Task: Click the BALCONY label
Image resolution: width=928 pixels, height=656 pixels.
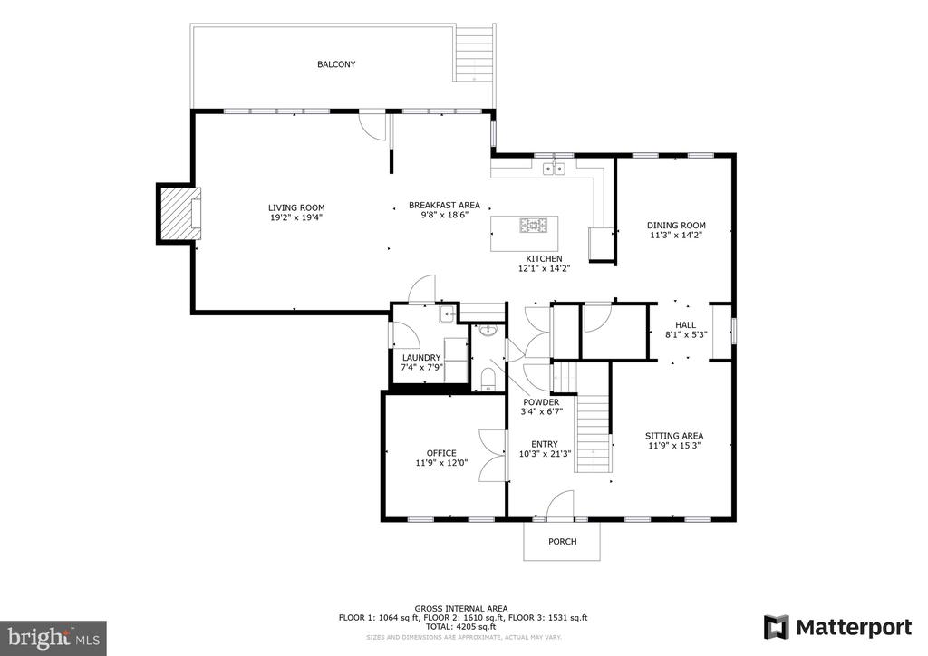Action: pos(336,64)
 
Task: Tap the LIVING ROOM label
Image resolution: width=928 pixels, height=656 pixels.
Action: pos(296,207)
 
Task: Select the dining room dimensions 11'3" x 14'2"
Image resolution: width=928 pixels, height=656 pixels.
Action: pos(676,235)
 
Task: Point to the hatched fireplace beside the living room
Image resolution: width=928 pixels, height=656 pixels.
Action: pos(179,214)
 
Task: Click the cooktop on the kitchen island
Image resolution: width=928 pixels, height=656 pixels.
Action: pos(534,226)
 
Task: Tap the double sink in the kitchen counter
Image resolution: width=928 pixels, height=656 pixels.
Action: pos(555,169)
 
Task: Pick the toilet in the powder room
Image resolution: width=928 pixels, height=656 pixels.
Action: pos(488,378)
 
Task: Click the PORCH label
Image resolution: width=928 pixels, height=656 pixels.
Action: pos(562,541)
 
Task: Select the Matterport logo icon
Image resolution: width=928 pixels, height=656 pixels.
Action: pos(776,627)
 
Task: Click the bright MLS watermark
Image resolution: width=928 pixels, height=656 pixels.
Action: pos(53,638)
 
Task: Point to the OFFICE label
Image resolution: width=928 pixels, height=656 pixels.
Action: pos(441,453)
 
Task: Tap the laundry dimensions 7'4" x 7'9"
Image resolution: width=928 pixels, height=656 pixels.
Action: pos(422,367)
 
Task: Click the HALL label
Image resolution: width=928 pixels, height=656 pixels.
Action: pos(686,324)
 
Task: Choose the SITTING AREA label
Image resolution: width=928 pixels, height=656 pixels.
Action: pos(674,436)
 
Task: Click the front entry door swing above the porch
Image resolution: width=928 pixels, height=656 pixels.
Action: pos(560,505)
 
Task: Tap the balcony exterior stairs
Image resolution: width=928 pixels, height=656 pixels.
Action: pos(474,54)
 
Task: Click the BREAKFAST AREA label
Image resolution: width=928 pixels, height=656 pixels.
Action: pos(444,206)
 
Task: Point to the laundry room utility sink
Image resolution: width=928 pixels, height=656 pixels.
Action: pos(447,314)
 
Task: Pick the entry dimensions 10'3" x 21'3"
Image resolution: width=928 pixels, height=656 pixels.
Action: pos(545,454)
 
